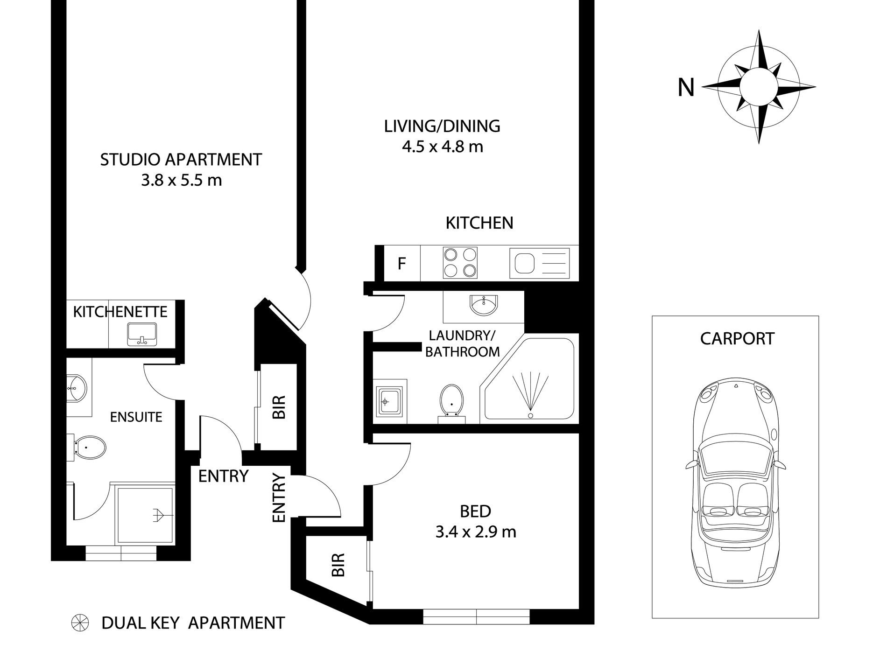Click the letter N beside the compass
tap(686, 87)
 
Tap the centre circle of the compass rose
tap(759, 87)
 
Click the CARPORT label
tap(737, 338)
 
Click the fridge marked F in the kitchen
tap(401, 264)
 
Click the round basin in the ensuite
tap(76, 387)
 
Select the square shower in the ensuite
tap(145, 515)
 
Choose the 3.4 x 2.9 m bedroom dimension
tap(475, 532)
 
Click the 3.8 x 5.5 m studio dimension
tap(181, 180)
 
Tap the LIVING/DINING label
tap(442, 126)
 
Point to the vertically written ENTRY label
tap(278, 498)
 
